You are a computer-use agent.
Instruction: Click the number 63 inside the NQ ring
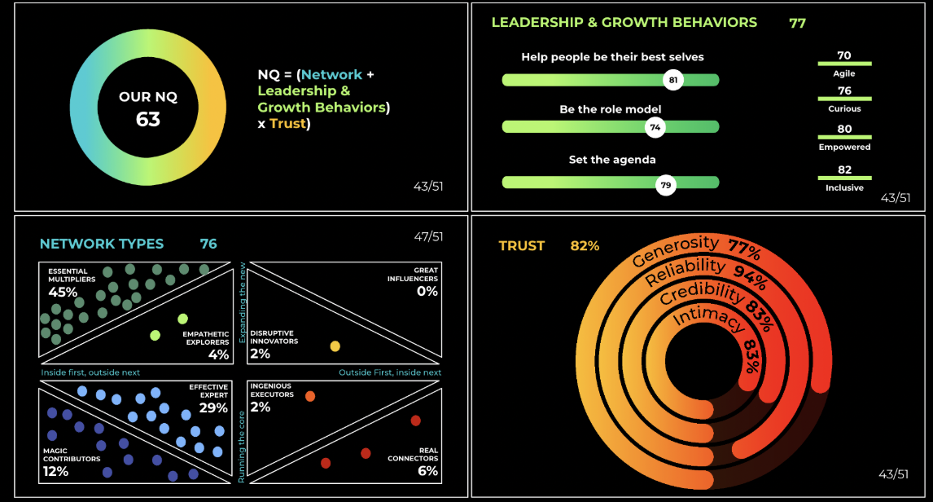click(148, 119)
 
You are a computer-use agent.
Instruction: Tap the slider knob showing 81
click(673, 80)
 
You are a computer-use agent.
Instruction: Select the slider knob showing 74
click(655, 127)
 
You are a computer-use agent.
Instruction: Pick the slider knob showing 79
click(666, 185)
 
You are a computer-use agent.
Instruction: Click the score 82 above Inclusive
click(844, 170)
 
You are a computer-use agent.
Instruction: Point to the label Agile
click(843, 73)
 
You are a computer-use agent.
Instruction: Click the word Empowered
click(844, 147)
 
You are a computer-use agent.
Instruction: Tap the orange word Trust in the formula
click(287, 123)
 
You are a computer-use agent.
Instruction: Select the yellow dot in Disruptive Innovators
click(335, 346)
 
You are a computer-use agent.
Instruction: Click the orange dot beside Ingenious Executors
click(310, 396)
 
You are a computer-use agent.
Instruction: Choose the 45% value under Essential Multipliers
click(63, 293)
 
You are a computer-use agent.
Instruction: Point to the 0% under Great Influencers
click(427, 291)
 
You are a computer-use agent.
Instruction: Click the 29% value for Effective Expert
click(213, 408)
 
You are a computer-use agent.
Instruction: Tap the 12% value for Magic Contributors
click(55, 471)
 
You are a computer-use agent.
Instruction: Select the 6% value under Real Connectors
click(427, 470)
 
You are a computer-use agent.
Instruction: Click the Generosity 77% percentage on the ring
click(745, 250)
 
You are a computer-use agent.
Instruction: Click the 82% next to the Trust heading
click(585, 246)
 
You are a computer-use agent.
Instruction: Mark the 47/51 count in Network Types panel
click(428, 236)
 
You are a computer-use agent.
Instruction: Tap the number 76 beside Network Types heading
click(208, 244)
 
